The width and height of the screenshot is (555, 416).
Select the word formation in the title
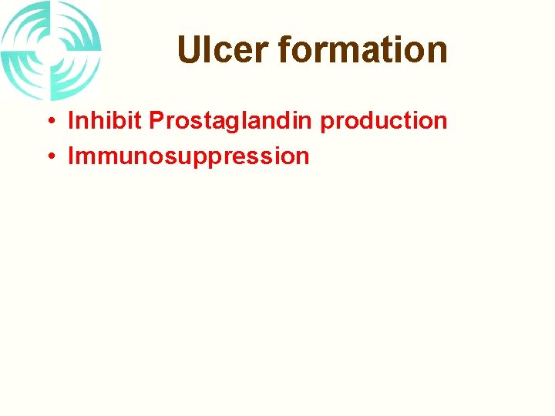[362, 50]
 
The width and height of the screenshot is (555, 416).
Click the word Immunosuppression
[189, 156]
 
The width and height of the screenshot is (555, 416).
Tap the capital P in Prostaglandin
[156, 121]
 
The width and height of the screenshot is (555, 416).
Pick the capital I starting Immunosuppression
[72, 156]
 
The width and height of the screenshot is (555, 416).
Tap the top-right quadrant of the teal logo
[75, 28]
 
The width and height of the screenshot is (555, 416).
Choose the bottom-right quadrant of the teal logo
[75, 75]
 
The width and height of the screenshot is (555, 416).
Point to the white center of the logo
[51, 51]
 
